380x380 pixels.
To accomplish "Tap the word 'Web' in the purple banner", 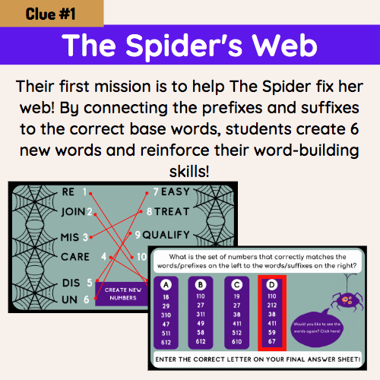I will pos(287,46).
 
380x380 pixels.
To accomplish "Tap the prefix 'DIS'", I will pos(68,283).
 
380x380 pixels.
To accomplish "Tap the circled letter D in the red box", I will pos(271,285).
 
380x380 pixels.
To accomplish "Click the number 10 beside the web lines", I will pos(142,257).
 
